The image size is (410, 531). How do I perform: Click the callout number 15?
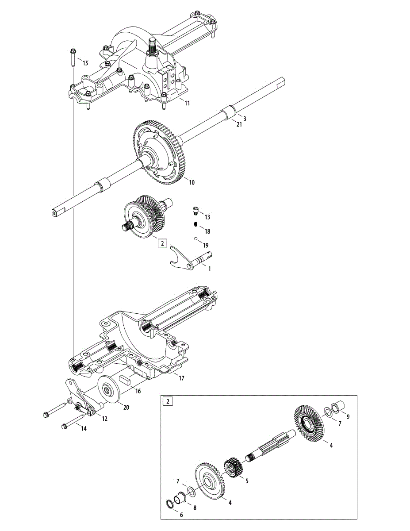pos(85,63)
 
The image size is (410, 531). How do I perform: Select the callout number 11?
pos(187,103)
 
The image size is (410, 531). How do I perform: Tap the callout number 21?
pos(239,125)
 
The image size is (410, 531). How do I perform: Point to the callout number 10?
pos(192,182)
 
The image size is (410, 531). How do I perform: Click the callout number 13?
pos(207,217)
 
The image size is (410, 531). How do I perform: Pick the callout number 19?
pos(206,245)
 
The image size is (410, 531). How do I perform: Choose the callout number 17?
pos(181,378)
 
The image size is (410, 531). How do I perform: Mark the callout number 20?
pos(126,408)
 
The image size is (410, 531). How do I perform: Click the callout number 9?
pos(348,417)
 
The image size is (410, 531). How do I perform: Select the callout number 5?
pos(247,481)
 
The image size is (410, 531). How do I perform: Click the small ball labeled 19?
pos(195,239)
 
